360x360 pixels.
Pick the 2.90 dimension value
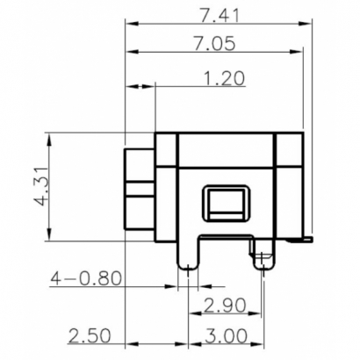[x=227, y=306]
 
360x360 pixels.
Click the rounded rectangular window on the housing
[x=226, y=205]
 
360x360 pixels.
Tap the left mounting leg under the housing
[x=186, y=256]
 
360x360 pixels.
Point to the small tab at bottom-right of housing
[x=307, y=238]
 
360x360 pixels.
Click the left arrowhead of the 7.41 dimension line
[x=131, y=24]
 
